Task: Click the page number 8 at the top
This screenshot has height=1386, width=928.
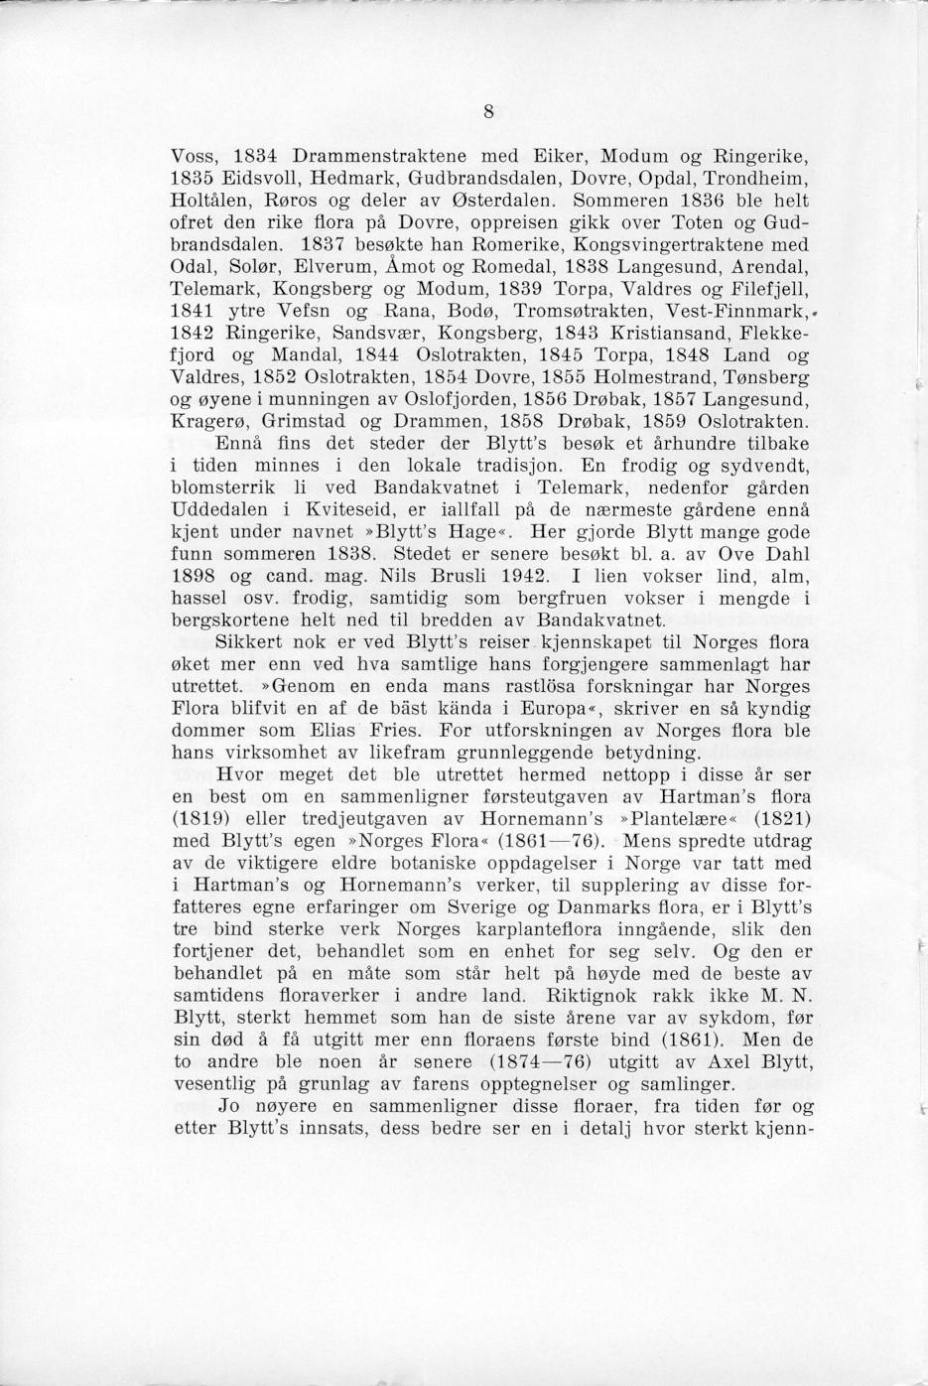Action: pos(489,111)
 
